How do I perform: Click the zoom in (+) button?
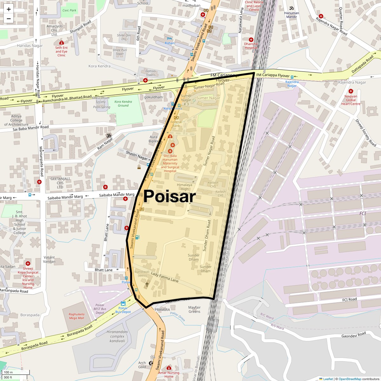pos(9,9)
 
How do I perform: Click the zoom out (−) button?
pos(9,18)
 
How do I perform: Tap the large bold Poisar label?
pos(170,197)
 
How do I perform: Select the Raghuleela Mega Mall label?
pos(76,316)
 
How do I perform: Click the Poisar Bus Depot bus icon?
pos(123,303)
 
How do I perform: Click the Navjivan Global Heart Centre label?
pos(351,100)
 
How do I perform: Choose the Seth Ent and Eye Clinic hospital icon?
pos(62,43)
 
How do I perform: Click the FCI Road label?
pos(350,299)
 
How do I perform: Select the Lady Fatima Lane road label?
pos(164,277)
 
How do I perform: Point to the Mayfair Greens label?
pos(194,310)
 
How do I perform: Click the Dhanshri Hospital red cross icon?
pos(251,39)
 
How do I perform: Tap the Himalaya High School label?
pos(184,189)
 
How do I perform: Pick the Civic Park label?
pos(69,10)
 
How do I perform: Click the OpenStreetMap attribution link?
pos(350,379)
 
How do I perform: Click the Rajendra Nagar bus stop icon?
pos(292,77)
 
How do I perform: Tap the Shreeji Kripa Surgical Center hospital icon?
pos(28,264)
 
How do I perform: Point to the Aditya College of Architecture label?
pos(16,121)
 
